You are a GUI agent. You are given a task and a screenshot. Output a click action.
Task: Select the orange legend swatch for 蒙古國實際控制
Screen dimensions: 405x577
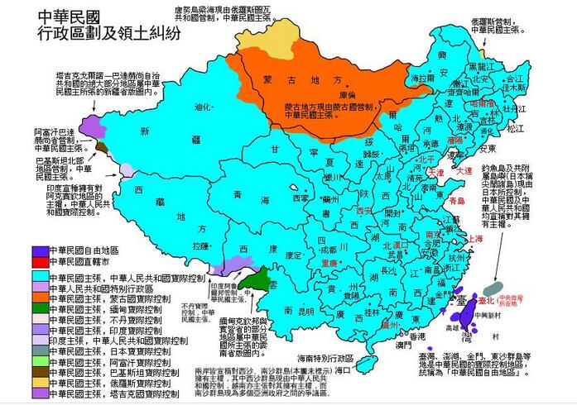pyautogui.click(x=38, y=300)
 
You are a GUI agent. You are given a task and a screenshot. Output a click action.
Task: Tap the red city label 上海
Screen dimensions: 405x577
pyautogui.click(x=475, y=238)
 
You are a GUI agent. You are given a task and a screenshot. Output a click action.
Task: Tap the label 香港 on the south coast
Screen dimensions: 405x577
pyautogui.click(x=417, y=338)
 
